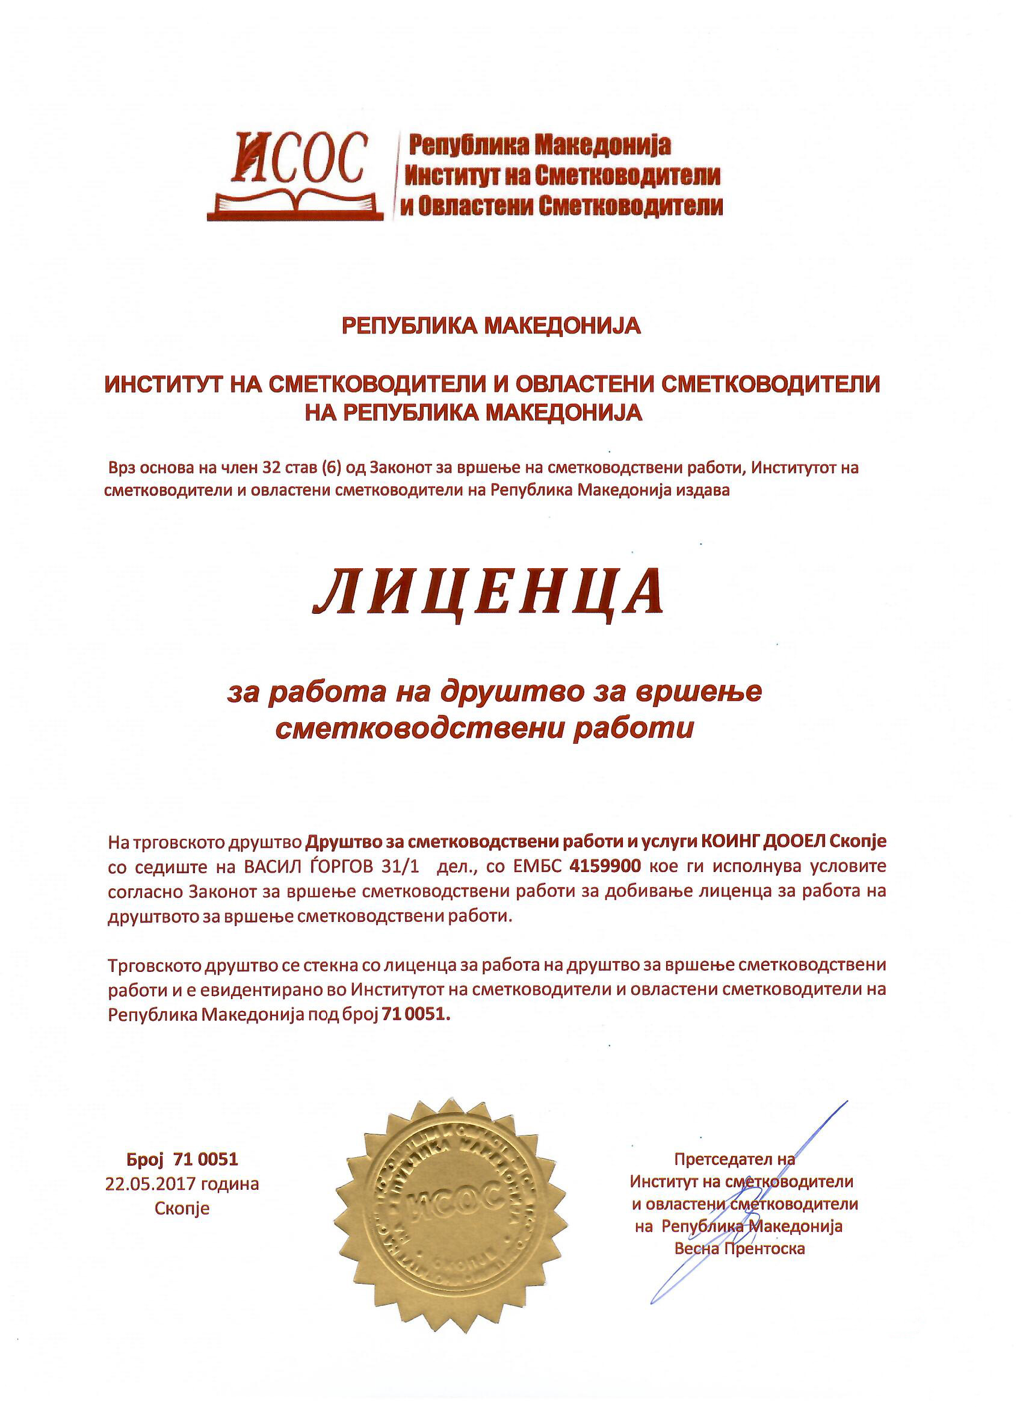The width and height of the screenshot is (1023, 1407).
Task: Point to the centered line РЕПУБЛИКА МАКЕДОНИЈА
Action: tap(491, 326)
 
